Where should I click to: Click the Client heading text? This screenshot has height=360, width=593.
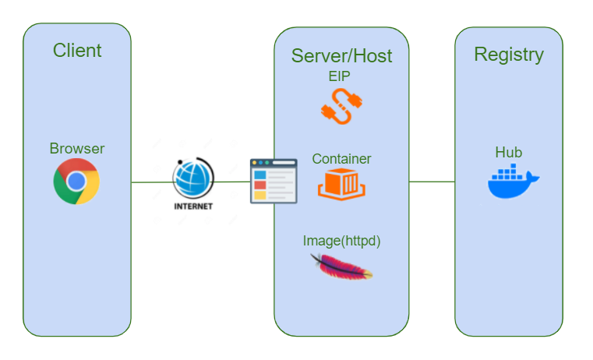77,51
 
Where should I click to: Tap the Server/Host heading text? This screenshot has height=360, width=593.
341,55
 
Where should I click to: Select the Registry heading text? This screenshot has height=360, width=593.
509,55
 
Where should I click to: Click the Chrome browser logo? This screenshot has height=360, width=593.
76,182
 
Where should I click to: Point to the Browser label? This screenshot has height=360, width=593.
77,149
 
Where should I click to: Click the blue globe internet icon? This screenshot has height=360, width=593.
192,178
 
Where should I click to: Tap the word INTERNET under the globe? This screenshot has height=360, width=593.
192,207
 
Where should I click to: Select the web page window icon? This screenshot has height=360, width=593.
273,182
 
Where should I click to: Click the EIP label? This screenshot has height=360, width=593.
341,76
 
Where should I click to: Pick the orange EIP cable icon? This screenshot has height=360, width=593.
341,107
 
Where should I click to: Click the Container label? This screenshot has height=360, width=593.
341,159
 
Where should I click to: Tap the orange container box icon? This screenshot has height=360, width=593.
341,185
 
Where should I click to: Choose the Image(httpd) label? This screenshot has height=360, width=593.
341,241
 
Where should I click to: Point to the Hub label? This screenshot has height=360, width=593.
509,152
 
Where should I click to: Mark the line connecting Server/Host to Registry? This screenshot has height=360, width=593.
432,182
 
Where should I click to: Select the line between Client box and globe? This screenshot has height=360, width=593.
151,182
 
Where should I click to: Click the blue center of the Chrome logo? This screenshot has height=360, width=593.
76,182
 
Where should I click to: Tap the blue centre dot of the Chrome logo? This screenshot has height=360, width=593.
76,182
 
